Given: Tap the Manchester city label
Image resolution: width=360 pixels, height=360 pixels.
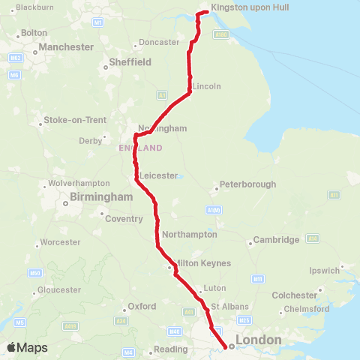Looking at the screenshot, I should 67,47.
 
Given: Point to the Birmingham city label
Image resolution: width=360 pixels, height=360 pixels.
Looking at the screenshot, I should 100,196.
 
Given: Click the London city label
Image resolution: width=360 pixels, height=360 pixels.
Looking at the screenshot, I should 258,340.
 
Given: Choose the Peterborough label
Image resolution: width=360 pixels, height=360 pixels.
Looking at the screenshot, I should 247,184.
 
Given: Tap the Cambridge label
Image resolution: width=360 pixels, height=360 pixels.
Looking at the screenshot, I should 276,240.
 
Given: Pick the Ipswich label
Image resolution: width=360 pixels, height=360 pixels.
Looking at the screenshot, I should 325,271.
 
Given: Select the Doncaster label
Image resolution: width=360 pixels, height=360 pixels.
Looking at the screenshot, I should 159,42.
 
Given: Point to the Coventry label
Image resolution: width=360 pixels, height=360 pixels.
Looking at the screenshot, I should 124,219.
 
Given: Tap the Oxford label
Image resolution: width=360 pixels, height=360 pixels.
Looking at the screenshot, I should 142,307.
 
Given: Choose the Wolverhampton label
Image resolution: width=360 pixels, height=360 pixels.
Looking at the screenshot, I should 79,183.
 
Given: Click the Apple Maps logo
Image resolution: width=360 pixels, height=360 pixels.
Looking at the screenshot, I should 27,347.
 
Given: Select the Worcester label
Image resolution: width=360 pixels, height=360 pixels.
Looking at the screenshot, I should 61,242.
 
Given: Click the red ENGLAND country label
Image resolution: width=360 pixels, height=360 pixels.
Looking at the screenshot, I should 140,148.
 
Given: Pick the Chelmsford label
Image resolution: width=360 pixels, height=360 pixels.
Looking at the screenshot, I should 306,309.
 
